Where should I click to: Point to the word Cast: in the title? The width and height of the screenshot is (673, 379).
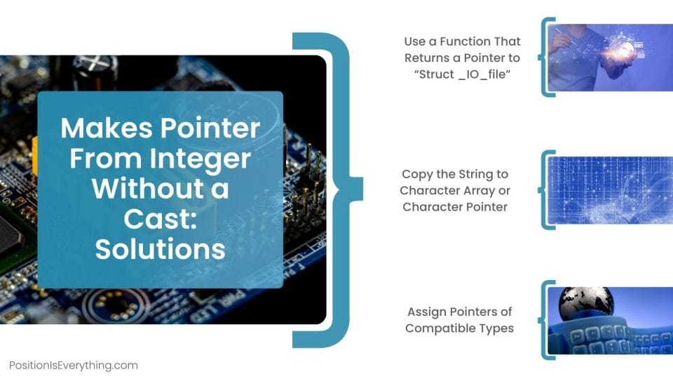[160, 219]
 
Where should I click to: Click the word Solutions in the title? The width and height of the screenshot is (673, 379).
[160, 250]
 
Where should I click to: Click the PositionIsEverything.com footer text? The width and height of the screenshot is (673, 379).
[74, 365]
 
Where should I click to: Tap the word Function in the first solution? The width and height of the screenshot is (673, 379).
[469, 41]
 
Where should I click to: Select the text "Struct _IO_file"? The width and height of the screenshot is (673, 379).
[462, 74]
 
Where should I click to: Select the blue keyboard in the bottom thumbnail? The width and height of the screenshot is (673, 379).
[603, 337]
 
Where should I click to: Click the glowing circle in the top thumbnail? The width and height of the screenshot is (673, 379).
[624, 49]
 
